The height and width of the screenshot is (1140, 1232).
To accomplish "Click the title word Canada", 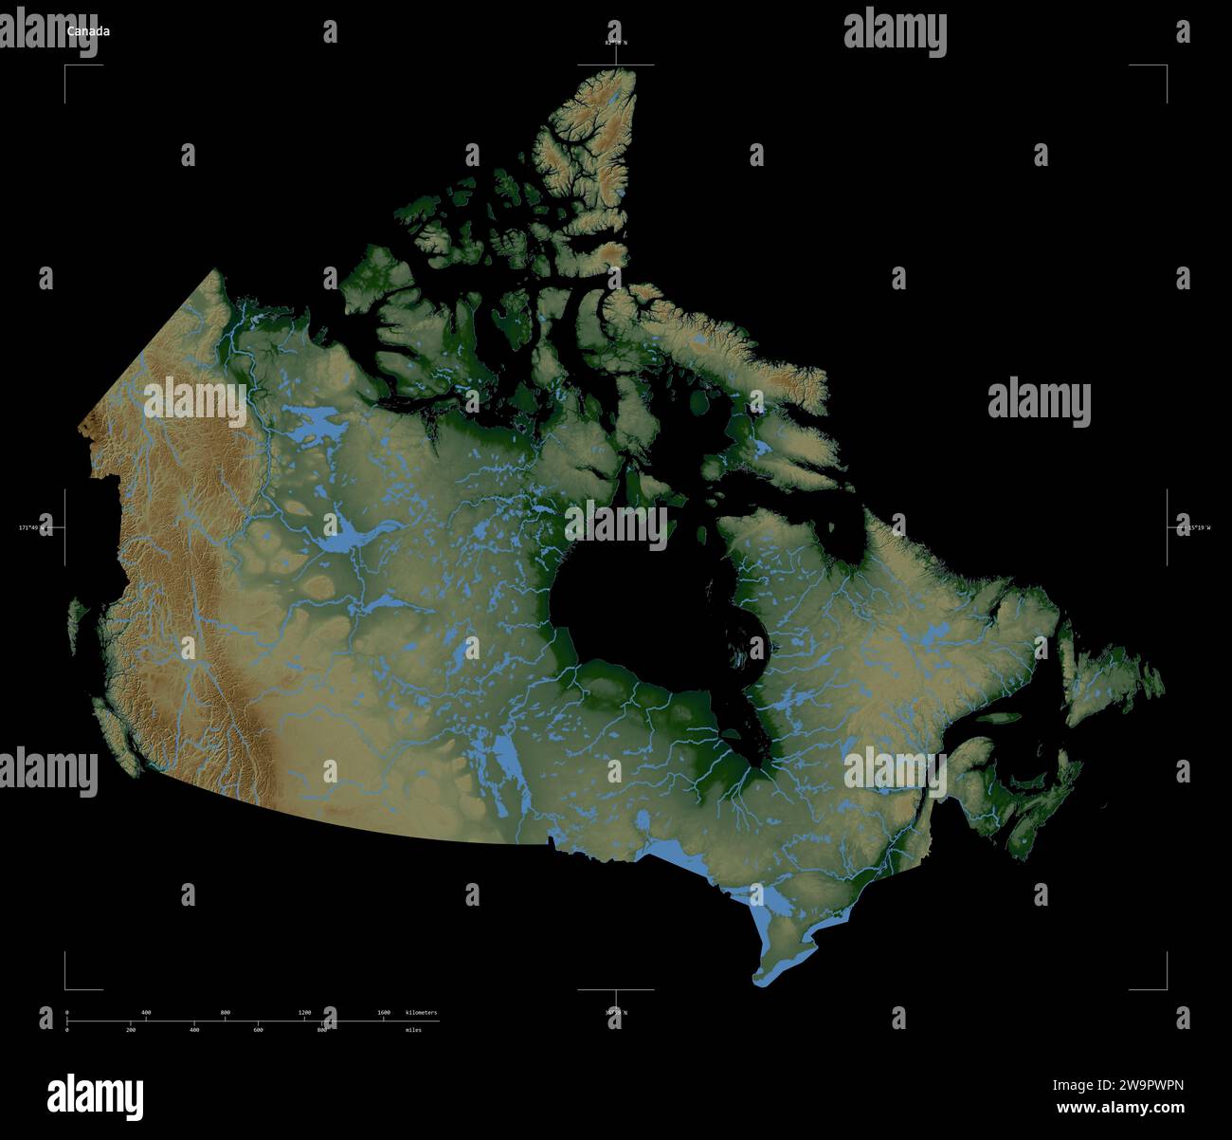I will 87,31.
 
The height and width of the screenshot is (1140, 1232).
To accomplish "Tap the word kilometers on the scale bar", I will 421,1013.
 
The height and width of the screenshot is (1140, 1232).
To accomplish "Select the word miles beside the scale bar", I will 413,1029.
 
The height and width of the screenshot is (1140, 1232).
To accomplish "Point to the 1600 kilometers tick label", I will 384,1013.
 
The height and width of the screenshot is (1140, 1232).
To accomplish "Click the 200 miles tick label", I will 131,1029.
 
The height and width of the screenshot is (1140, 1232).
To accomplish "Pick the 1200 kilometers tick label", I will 304,1013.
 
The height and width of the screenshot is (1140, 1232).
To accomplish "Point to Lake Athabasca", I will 390,603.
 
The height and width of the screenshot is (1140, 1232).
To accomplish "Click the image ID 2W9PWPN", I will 1150,1087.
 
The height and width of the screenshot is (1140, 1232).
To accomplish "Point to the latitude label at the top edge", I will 616,43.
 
